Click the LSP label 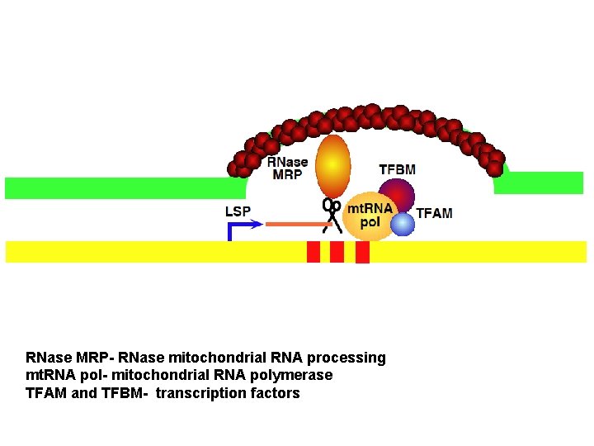click(x=238, y=211)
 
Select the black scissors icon click(x=332, y=215)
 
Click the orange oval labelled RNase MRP click(x=333, y=165)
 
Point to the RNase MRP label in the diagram click(x=287, y=168)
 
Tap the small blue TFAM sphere click(x=403, y=224)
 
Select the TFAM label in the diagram click(x=434, y=213)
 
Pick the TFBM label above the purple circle click(x=397, y=169)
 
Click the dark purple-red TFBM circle click(x=398, y=195)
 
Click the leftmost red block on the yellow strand click(x=313, y=252)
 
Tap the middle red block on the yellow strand click(x=337, y=252)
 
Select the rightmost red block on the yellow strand click(x=362, y=252)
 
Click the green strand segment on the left click(x=115, y=187)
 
